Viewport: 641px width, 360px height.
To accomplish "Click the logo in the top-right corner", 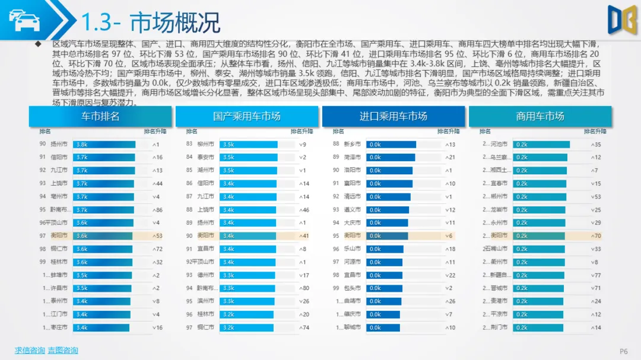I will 621,20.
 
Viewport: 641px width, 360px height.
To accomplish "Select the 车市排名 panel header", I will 100,116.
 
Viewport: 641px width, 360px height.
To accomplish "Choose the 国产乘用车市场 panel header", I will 246,116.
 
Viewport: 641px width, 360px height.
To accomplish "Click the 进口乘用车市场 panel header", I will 393,116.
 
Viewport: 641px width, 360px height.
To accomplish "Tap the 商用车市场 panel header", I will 540,116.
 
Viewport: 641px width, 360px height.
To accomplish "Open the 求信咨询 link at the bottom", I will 30,351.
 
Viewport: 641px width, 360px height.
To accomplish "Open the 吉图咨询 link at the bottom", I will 63,351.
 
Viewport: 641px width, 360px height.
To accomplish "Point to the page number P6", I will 624,351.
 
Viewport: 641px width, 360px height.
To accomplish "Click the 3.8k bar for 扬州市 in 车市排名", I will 104,144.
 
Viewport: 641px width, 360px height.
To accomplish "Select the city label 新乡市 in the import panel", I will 353,144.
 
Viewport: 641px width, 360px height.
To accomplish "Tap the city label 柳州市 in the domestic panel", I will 206,144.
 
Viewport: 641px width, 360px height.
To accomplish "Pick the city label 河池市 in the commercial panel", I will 499,144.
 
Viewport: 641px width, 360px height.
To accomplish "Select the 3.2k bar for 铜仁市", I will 246,327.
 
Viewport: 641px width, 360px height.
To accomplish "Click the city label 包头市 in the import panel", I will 353,288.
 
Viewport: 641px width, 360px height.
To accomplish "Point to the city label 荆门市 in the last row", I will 499,327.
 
